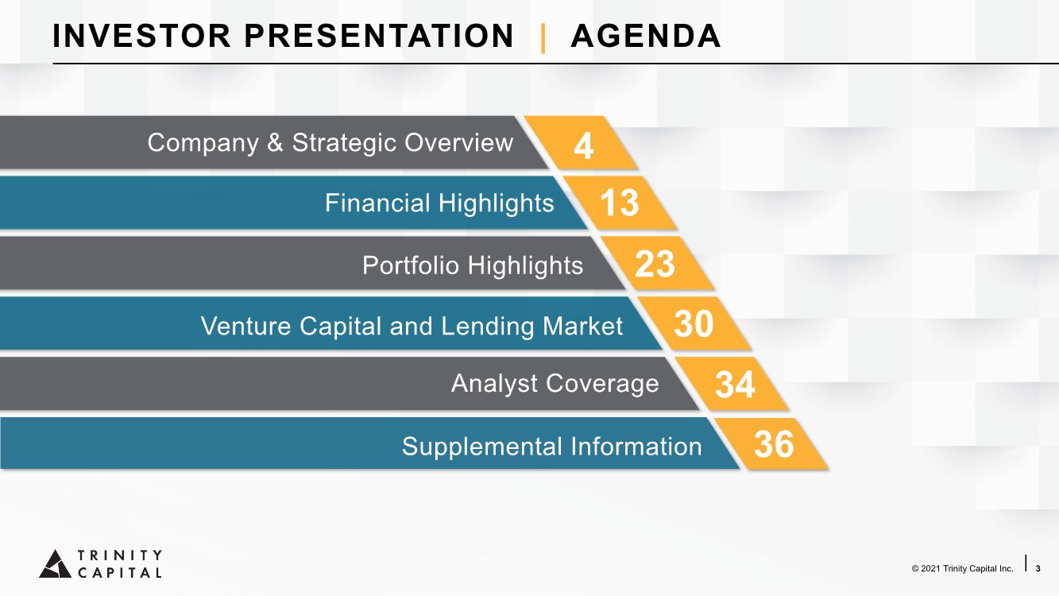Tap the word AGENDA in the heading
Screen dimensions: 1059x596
click(x=646, y=36)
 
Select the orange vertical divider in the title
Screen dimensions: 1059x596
click(x=543, y=38)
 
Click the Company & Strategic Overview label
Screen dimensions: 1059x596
click(x=330, y=142)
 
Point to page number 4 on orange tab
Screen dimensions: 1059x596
click(x=583, y=146)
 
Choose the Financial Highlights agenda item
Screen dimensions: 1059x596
click(x=439, y=203)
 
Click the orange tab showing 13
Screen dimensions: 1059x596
click(x=620, y=203)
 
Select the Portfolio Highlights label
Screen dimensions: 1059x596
click(x=473, y=265)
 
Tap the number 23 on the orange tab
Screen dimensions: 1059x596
click(x=655, y=264)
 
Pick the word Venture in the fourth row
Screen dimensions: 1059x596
click(x=245, y=326)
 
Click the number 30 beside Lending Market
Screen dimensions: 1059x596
click(x=694, y=324)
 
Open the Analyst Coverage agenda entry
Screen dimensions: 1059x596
click(x=555, y=383)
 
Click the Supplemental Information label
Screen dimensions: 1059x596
click(x=551, y=446)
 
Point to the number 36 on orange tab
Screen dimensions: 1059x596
click(x=774, y=445)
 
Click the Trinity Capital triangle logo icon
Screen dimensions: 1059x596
click(x=56, y=564)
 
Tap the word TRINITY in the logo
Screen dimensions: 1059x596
click(x=120, y=555)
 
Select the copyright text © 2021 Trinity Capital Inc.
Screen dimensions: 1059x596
click(x=963, y=568)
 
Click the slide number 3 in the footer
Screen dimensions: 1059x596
click(x=1038, y=568)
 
